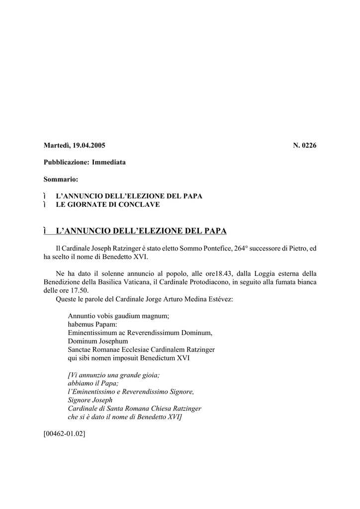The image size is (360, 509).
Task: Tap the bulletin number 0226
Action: point(309,146)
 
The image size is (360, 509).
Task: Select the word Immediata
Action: point(109,163)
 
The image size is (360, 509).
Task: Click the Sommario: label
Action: point(61,179)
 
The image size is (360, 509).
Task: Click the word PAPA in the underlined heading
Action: point(215,231)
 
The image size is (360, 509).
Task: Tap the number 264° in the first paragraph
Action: point(239,248)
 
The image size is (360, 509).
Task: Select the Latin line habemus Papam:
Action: point(92,324)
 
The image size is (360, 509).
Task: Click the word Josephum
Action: point(112,341)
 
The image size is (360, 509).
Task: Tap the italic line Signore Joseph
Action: point(90,400)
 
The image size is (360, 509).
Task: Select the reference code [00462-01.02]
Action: point(65,433)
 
